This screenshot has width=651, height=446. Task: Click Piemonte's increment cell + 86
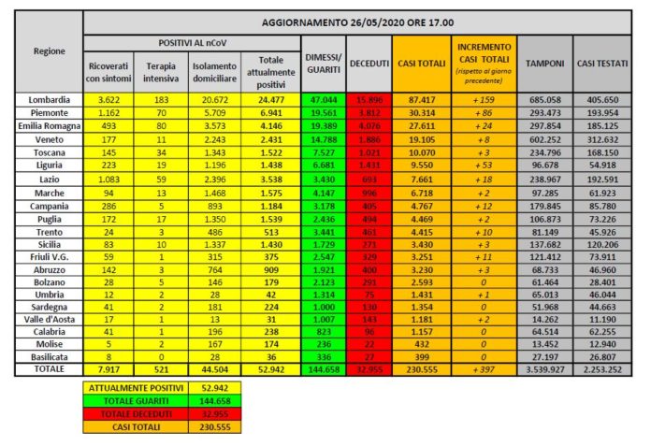click(483, 111)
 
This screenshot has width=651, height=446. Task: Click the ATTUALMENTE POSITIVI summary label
click(131, 385)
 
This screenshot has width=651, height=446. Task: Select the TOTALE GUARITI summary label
click(131, 398)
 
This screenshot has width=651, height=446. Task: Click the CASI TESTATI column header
click(607, 62)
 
